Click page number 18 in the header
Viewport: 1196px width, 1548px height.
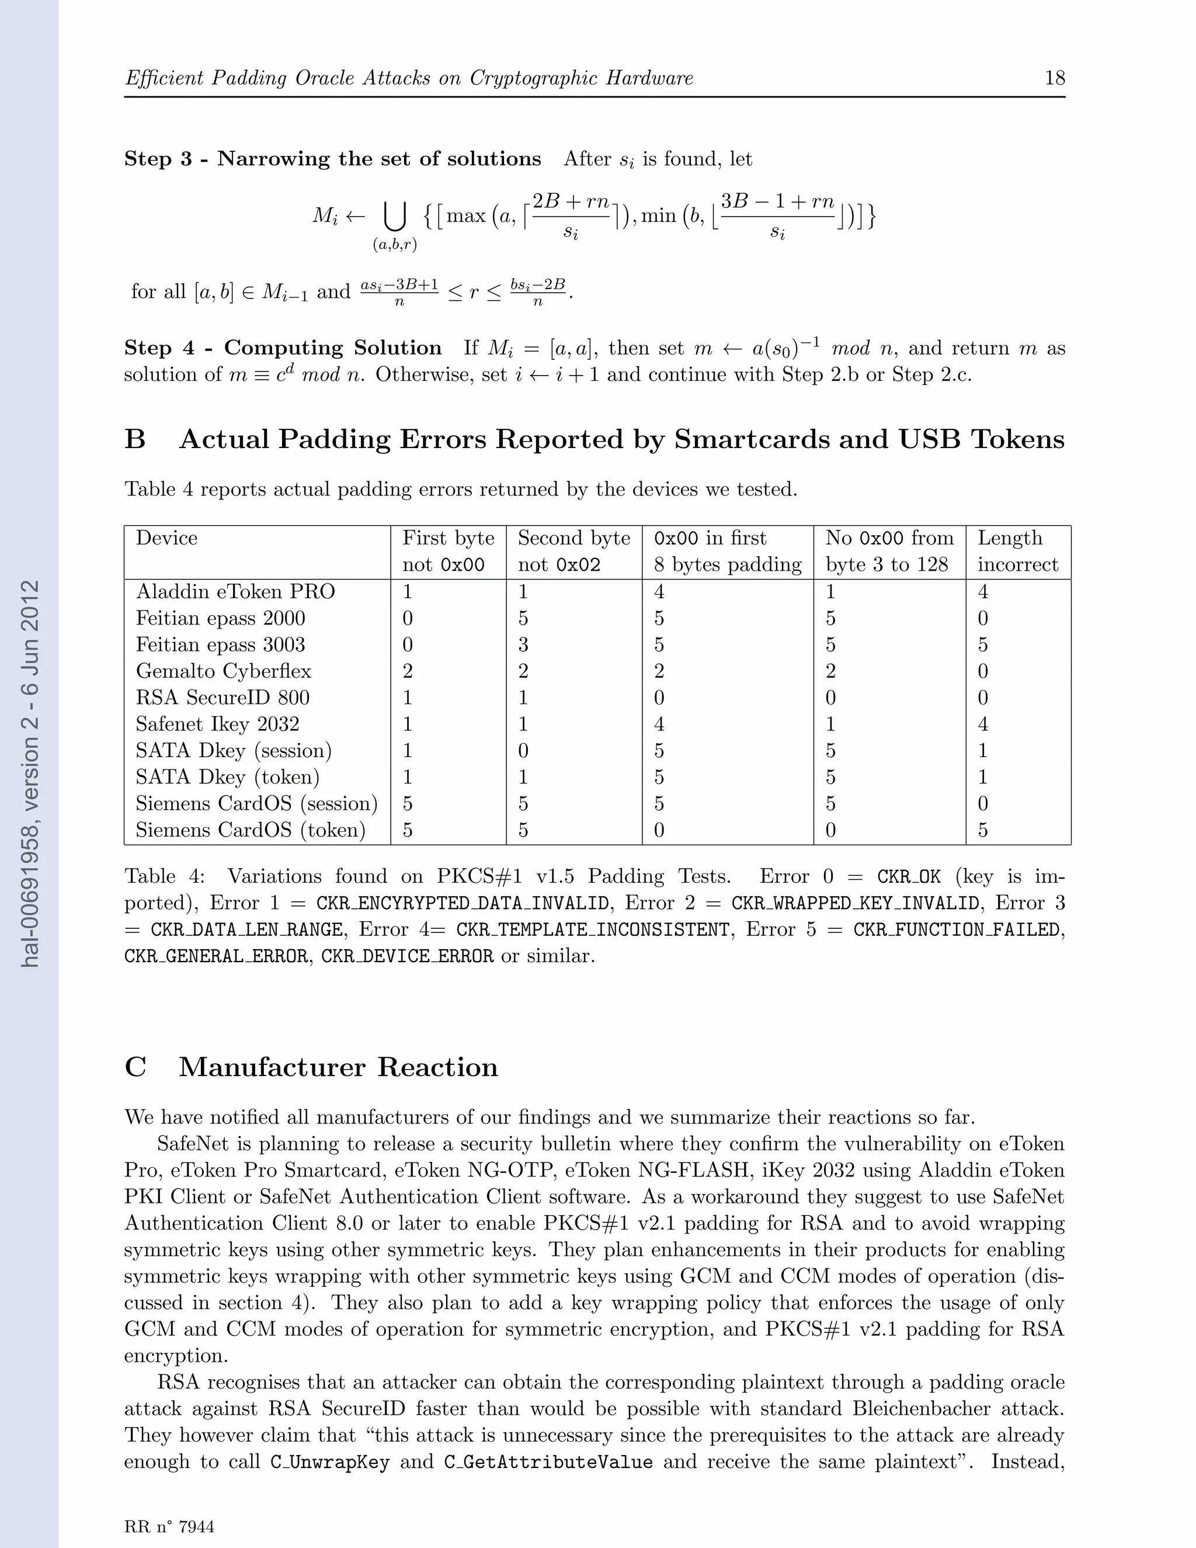[x=1054, y=78]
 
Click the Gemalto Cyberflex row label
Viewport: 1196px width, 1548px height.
[x=223, y=671]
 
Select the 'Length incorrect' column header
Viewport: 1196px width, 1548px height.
[x=1017, y=551]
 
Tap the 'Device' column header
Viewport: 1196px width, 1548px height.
[x=166, y=538]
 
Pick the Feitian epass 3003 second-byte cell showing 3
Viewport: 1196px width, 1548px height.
[x=523, y=644]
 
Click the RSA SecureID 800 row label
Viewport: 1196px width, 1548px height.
[x=222, y=697]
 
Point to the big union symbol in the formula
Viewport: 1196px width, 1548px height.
[x=394, y=216]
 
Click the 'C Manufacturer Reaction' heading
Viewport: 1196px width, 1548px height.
[x=311, y=1067]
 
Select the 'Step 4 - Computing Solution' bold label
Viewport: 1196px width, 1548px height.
[x=283, y=348]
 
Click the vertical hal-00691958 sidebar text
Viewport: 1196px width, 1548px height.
[x=30, y=773]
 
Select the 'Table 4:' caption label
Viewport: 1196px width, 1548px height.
[x=164, y=877]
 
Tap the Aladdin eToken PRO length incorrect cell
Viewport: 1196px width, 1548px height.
[x=983, y=592]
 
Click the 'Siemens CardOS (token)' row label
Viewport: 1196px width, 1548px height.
[x=250, y=830]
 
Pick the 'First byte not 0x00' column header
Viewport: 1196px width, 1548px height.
[x=448, y=551]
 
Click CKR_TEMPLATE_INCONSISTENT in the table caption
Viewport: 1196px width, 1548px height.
[x=592, y=929]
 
